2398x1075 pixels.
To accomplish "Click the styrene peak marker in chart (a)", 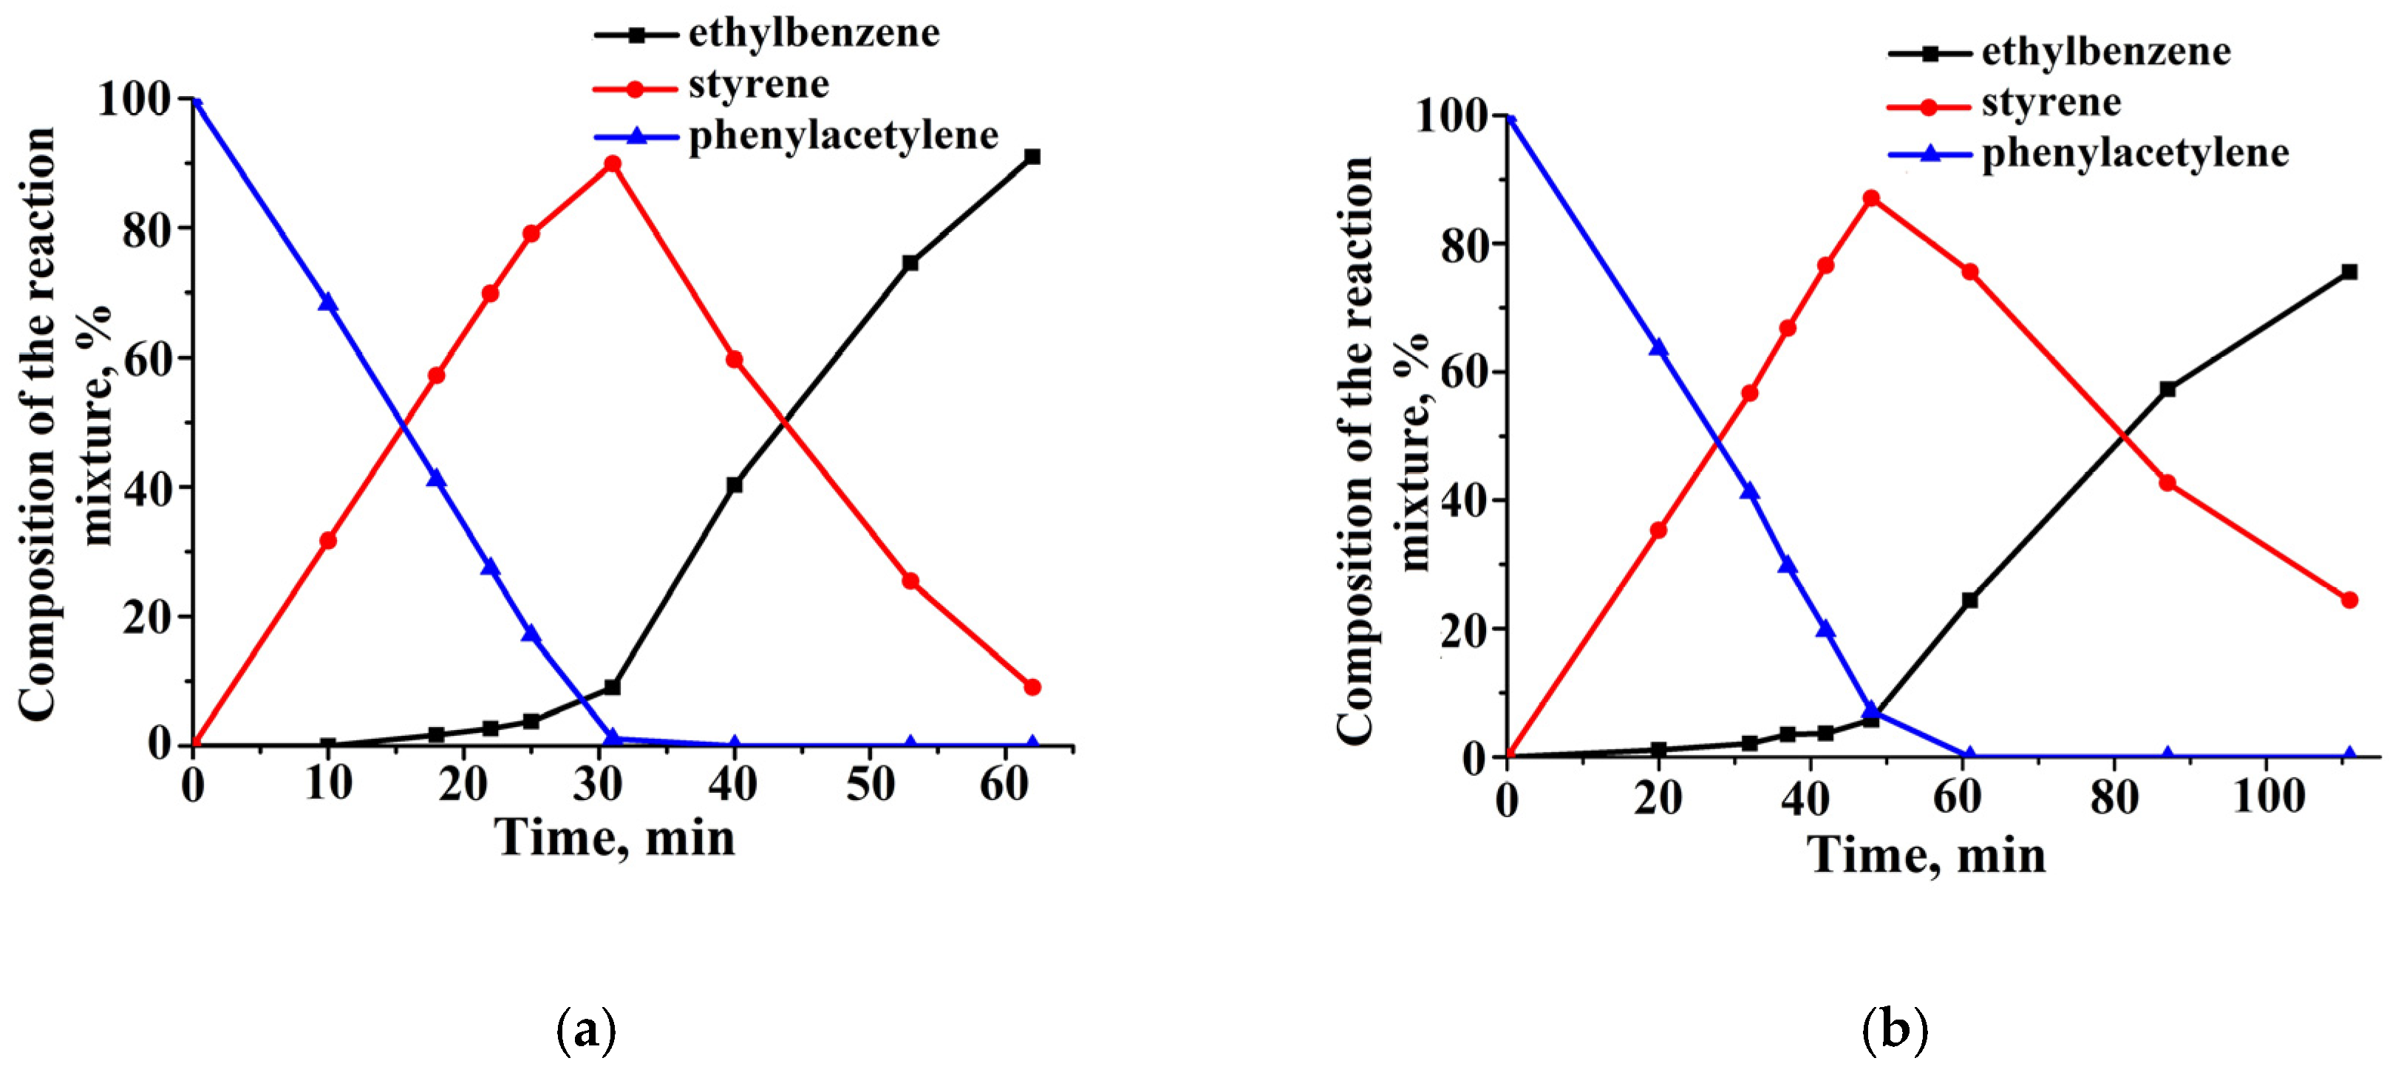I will pos(612,165).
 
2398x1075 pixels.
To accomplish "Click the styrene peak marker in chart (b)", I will pos(1870,198).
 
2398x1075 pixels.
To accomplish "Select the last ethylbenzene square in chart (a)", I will pos(1032,157).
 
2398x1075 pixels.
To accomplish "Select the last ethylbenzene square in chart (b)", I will pos(2348,272).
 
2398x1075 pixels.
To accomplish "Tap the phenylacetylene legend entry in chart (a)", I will pos(842,136).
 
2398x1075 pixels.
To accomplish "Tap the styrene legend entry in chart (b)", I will pos(2051,103).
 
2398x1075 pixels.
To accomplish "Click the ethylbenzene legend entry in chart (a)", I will pos(814,33).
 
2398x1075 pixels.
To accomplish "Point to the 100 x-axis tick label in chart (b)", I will pos(2269,796).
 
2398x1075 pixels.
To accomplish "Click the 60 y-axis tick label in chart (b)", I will pos(1462,372).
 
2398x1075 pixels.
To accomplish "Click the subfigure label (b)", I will pos(1895,1031).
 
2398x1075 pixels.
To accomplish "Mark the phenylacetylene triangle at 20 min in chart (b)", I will pos(1658,348).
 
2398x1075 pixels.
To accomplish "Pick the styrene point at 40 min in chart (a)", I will pos(734,359).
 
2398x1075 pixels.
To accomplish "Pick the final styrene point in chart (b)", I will pos(2348,601).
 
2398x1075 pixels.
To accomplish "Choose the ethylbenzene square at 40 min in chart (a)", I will pos(734,485).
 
